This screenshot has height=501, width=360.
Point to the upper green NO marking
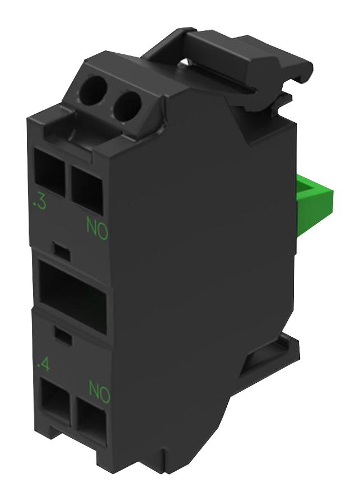pyautogui.click(x=96, y=228)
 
